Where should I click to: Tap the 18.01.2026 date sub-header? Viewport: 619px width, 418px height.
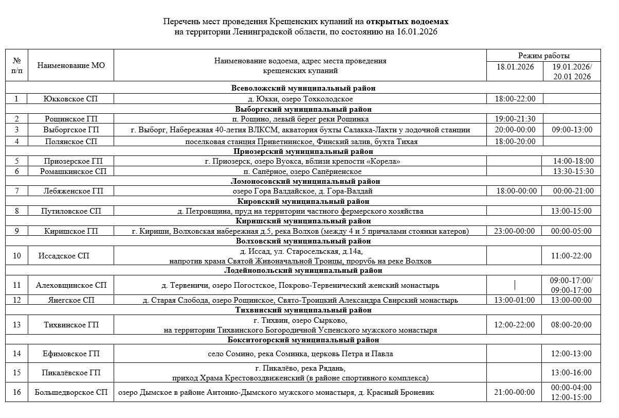coord(515,67)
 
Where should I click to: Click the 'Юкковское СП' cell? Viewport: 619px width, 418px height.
coord(70,99)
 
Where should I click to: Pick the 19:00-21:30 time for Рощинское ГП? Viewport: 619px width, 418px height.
coord(515,119)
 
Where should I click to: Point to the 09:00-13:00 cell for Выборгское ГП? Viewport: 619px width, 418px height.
coord(572,130)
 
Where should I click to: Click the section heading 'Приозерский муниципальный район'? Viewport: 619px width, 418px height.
coord(303,151)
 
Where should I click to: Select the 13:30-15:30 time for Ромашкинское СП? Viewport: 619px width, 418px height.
coord(572,171)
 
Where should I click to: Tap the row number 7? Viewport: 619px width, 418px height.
coord(17,191)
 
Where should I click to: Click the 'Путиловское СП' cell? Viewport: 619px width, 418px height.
coord(71,211)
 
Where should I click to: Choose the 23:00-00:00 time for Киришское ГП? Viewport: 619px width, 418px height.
coord(515,231)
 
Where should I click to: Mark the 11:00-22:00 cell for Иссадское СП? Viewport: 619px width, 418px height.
coord(572,256)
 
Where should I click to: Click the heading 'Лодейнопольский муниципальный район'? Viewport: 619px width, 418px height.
coord(303,270)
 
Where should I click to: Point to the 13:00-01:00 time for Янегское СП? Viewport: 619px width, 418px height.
coord(515,300)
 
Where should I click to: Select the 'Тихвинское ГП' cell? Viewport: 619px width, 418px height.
coord(71,325)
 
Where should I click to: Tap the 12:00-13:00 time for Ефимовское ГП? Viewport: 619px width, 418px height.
coord(572,354)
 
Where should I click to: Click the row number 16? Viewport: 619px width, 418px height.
coord(17,392)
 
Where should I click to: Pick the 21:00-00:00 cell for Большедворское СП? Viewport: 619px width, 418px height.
coord(515,392)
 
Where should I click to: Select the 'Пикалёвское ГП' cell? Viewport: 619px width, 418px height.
coord(71,373)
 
